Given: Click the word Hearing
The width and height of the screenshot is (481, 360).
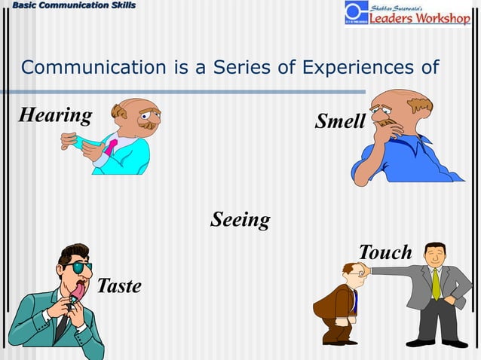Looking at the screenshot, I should [x=55, y=115].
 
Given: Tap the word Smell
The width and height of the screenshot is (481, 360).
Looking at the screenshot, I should [x=340, y=121].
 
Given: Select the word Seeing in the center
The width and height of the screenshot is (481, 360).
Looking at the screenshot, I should [x=240, y=220].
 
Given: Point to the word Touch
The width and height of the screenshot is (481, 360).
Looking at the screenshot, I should [x=385, y=252].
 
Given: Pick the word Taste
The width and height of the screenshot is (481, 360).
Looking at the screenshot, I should [x=118, y=286].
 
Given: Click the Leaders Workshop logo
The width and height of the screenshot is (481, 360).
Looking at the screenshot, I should [x=408, y=14].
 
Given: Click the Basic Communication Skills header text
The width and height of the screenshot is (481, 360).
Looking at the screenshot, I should [x=68, y=5].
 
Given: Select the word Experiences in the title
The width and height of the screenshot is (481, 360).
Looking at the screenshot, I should [x=354, y=68].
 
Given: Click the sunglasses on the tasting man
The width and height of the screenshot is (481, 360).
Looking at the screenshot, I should [x=78, y=267].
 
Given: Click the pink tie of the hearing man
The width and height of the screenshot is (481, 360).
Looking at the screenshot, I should [x=110, y=145].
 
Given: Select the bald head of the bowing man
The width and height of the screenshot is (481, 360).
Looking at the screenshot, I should [x=350, y=268].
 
